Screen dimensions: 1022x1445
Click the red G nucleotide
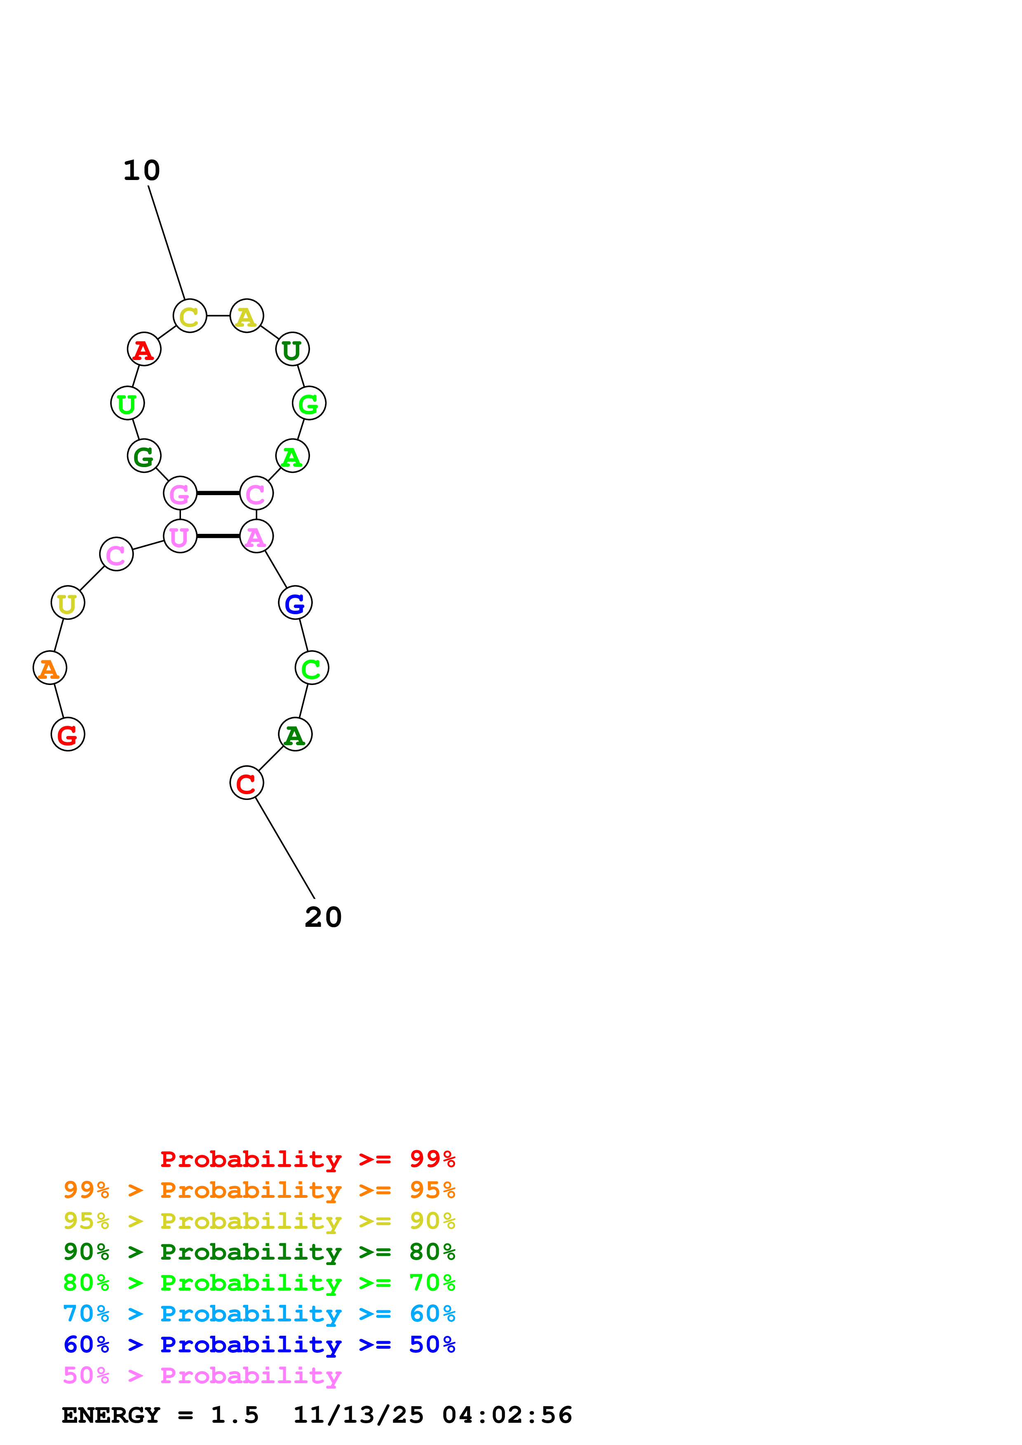tap(67, 734)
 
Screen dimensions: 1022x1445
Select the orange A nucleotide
tap(50, 669)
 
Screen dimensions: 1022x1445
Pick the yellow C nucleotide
tap(190, 316)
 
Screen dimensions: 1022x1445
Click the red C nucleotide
tap(246, 783)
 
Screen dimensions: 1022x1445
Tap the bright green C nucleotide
tap(312, 669)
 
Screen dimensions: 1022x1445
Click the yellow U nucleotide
tap(67, 603)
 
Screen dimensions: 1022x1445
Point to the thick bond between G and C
tap(218, 493)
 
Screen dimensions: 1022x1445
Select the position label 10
tap(142, 171)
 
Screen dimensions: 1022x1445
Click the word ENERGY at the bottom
tap(111, 1415)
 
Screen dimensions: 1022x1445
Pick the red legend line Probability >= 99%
tap(308, 1159)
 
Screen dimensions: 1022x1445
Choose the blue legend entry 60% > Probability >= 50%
tap(259, 1345)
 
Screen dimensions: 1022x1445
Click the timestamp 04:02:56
tap(507, 1415)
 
